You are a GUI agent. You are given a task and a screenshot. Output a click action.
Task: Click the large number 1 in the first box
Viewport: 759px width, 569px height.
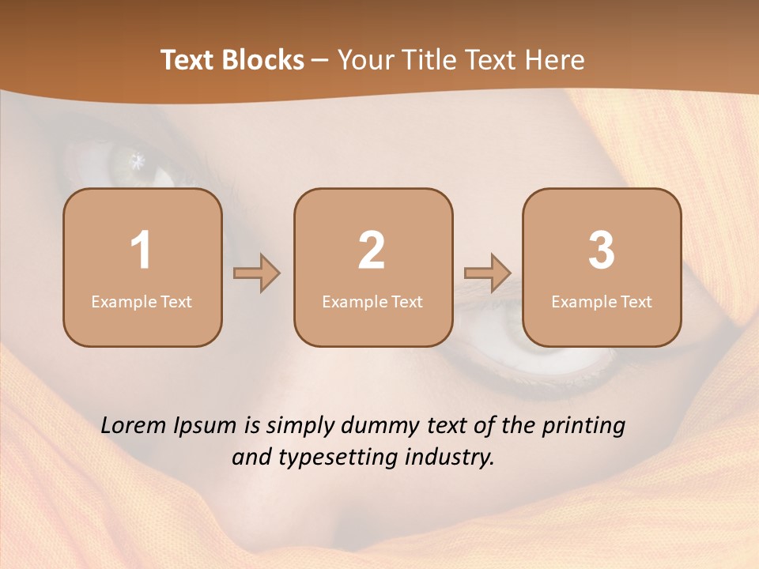142,251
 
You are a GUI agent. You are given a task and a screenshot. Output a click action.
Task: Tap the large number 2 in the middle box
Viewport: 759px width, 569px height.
372,251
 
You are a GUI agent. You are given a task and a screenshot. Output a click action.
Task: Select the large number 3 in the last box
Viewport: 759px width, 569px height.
602,251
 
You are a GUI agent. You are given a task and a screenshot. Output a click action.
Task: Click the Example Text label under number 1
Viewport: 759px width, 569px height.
142,301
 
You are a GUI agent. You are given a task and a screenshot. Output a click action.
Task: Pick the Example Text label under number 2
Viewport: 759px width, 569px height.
372,301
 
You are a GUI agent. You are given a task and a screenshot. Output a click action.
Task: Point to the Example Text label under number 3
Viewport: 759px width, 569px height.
602,301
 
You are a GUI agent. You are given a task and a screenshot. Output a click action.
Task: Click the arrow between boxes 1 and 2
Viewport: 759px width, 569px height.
257,273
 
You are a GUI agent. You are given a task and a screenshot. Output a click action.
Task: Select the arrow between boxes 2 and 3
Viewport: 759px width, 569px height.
488,273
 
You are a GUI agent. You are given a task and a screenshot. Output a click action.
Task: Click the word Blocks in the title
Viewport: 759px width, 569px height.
262,60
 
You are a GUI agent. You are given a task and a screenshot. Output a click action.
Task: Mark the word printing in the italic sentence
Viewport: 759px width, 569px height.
583,426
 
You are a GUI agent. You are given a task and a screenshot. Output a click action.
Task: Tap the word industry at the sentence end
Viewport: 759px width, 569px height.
451,458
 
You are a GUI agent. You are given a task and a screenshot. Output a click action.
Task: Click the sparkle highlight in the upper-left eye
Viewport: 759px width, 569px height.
138,160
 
